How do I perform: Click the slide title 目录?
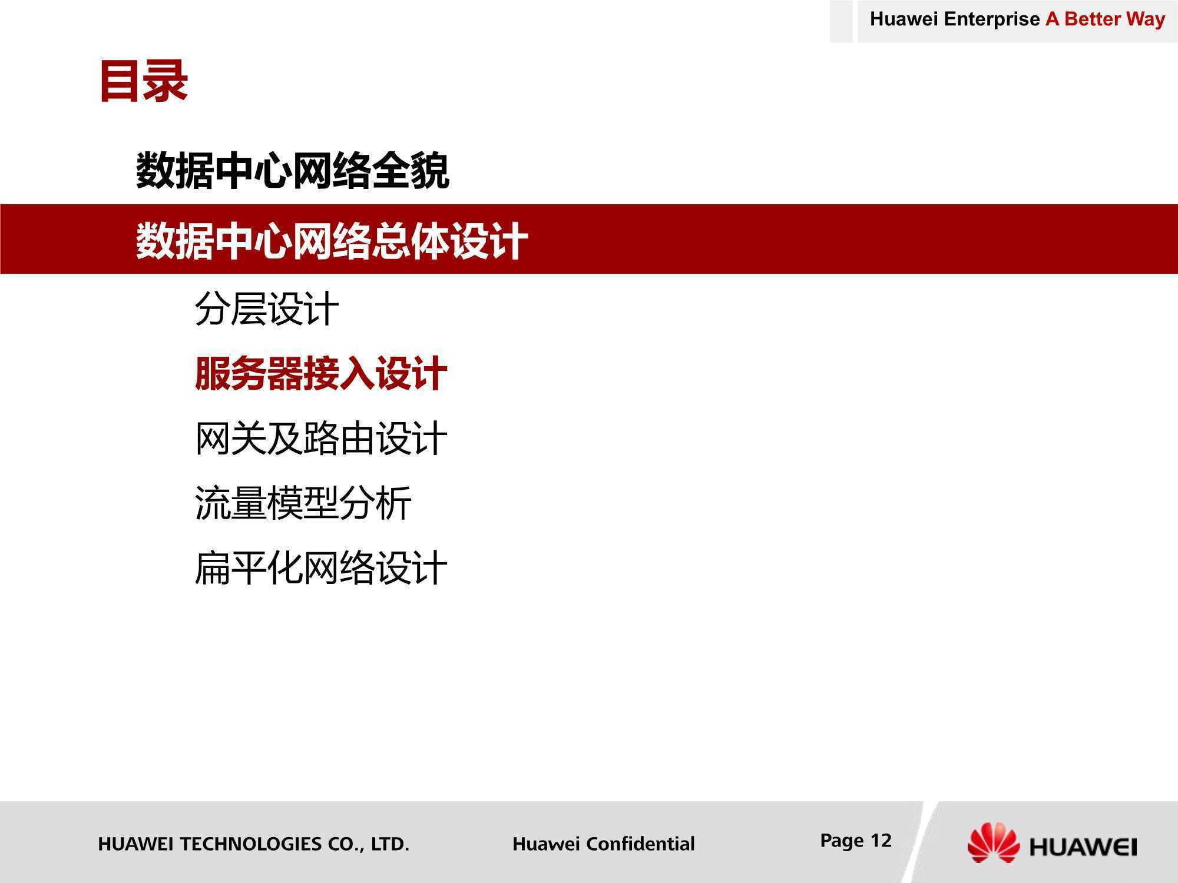pos(144,81)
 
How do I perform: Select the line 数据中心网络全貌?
pos(293,171)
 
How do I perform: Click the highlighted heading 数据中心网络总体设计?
pos(332,241)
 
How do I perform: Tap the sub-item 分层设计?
pos(267,308)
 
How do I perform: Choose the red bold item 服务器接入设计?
pos(321,374)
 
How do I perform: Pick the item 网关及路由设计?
pos(321,439)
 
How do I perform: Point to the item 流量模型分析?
pos(303,503)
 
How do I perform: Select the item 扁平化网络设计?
pos(321,568)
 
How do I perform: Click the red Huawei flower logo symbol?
pos(993,843)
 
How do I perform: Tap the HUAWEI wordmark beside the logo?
pos(1083,848)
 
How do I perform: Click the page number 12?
pos(881,841)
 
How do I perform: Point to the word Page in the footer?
pos(842,841)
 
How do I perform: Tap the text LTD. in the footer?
pos(390,844)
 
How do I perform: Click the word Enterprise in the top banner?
pos(992,19)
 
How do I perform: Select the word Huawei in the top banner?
pos(904,19)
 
